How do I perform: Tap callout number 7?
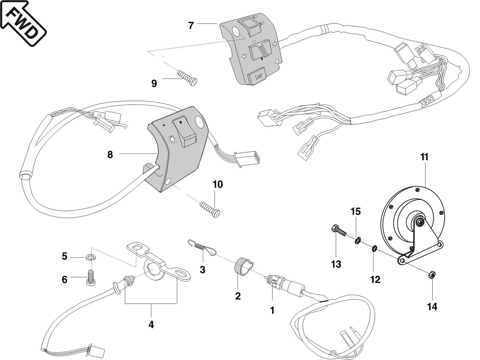tap(190, 26)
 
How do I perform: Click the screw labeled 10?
tap(210, 209)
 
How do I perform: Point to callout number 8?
tap(110, 154)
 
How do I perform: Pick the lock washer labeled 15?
tap(357, 241)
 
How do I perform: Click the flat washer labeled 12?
tap(374, 249)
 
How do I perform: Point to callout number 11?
tap(424, 157)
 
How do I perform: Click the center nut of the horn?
tap(420, 222)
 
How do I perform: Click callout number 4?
tap(151, 324)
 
